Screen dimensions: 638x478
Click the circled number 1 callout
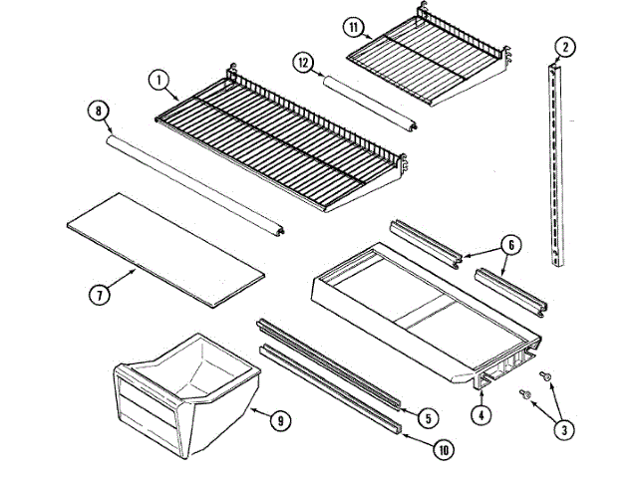[x=158, y=78]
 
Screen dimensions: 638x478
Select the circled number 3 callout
[x=564, y=430]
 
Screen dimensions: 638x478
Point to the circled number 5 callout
[x=425, y=417]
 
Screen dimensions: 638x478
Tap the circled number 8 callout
[x=97, y=112]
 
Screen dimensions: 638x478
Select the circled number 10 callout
[x=441, y=450]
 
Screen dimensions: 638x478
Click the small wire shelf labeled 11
[x=429, y=60]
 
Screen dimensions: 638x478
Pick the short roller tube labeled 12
[x=372, y=101]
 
